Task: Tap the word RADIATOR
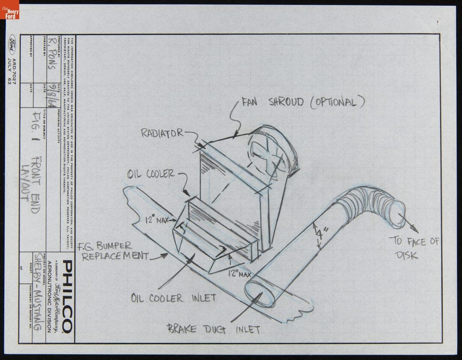162,133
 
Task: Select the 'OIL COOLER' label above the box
151,173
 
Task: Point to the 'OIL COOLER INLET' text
173,298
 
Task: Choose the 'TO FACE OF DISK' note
414,248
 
